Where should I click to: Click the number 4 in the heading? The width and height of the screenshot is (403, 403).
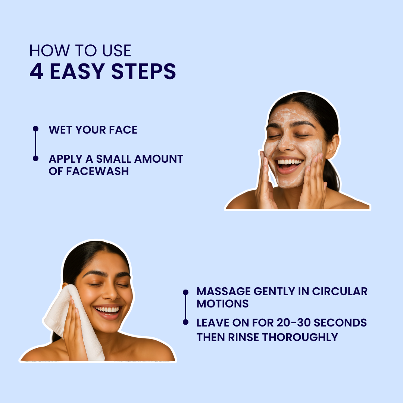[x=36, y=71]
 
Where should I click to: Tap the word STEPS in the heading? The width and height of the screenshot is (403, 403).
[x=144, y=71]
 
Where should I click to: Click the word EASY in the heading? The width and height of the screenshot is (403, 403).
[x=77, y=71]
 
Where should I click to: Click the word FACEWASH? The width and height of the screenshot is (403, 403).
[x=97, y=171]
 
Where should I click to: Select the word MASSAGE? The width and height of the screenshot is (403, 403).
[x=224, y=291]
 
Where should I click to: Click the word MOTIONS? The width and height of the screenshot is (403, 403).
[x=222, y=303]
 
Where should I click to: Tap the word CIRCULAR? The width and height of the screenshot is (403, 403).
[x=340, y=291]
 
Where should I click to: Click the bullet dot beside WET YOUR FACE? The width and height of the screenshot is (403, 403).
[x=35, y=128]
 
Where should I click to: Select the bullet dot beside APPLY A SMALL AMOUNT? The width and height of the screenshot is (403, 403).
[x=35, y=158]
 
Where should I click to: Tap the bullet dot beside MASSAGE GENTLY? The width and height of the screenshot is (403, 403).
[x=185, y=292]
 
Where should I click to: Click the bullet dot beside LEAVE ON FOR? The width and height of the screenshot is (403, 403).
[x=185, y=322]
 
